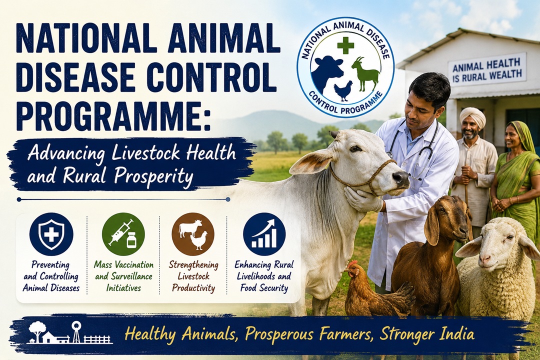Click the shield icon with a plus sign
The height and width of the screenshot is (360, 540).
coord(51,234)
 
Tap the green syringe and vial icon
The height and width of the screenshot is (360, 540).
coord(123,234)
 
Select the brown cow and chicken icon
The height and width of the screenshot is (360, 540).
coord(193,234)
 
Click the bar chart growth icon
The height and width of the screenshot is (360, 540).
coord(264,234)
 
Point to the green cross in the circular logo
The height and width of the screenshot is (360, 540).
coord(345,46)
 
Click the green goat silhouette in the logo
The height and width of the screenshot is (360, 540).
coord(366,74)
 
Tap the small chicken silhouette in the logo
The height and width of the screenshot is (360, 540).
coord(343,91)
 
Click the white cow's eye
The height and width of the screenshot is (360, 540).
coord(355,149)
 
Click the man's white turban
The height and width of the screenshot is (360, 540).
coord(472,116)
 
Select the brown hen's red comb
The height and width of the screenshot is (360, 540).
coord(351,264)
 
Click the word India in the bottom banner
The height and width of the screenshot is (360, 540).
coord(457,334)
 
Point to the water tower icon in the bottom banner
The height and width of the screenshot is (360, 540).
coord(75,331)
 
